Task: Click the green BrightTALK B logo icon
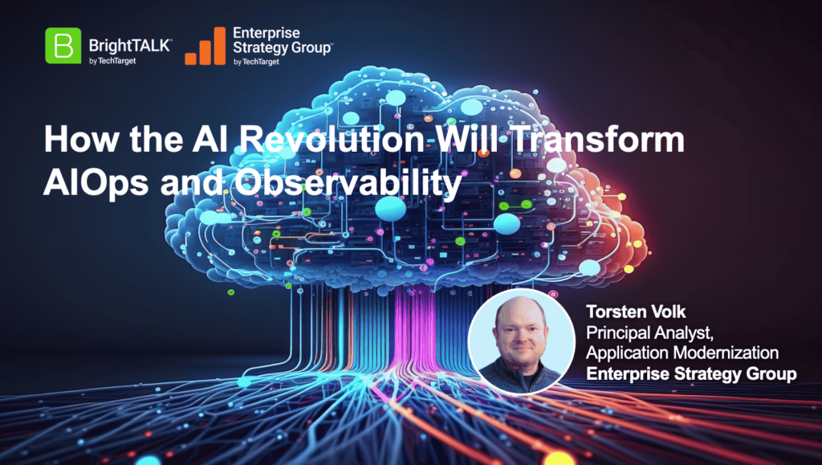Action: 63,46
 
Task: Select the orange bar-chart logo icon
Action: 205,46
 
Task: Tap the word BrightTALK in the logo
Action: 131,46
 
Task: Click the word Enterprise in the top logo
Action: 267,33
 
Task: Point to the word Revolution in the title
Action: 332,140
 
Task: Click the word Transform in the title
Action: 597,140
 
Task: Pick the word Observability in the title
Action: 348,183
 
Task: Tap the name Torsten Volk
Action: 636,312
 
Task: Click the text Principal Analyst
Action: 649,333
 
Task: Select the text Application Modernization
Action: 682,353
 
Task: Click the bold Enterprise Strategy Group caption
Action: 691,373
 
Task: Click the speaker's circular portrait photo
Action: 521,341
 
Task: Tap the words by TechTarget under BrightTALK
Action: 112,61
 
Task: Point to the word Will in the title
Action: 467,140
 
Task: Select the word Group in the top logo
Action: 310,47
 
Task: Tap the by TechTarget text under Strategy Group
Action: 256,62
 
